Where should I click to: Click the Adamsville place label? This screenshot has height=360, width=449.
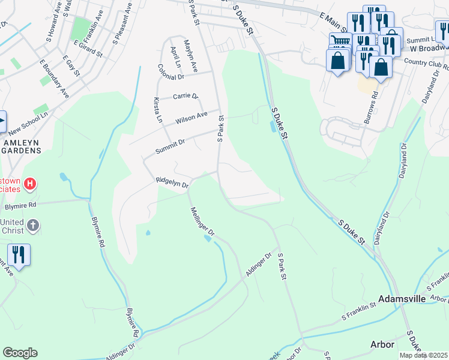pos(402,299)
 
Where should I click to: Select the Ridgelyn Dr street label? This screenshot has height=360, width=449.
pos(172,182)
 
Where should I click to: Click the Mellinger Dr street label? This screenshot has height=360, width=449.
pos(202,221)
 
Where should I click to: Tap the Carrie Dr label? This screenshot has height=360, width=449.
pos(185,96)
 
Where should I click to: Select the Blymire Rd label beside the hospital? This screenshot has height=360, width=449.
pos(20,205)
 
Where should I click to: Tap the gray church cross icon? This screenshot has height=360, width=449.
pos(33,226)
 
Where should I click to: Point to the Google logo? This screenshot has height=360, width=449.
pos(20,353)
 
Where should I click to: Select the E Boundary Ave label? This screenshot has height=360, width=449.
pos(53,78)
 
